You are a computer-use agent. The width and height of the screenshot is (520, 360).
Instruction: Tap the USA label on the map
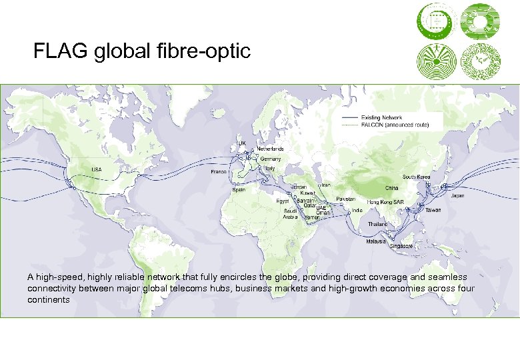[97, 169]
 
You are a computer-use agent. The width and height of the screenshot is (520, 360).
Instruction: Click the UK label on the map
[243, 143]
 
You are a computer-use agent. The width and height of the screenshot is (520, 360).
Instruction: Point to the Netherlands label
[271, 149]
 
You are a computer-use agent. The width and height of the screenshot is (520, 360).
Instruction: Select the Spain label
[239, 189]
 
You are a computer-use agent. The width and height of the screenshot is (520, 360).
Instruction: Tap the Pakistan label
[346, 199]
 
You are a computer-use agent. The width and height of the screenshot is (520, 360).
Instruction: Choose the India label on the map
[357, 210]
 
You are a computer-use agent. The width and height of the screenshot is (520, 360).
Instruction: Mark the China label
[391, 188]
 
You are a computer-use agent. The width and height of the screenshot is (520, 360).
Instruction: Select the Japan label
[458, 196]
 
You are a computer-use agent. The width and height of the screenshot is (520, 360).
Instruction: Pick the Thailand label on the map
[377, 224]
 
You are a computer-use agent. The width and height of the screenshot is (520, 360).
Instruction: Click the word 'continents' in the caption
[49, 300]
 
